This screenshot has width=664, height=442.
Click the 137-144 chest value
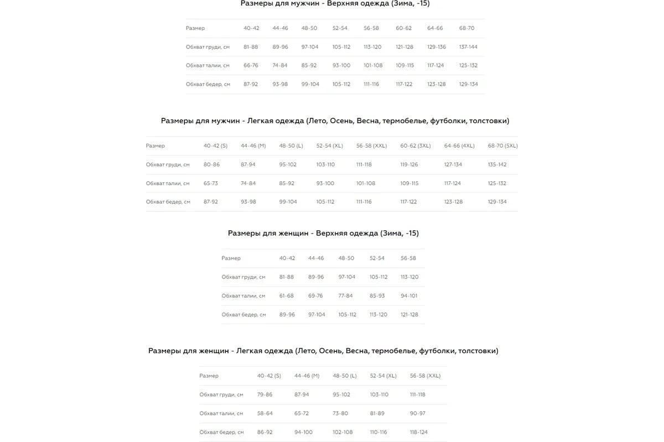(468, 47)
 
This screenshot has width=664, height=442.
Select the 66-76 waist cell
(251, 65)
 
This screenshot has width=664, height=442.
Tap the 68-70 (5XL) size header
(502, 146)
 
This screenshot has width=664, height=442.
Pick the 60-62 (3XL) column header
(415, 146)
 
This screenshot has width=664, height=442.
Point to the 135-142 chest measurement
(497, 165)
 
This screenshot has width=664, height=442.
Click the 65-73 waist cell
(210, 183)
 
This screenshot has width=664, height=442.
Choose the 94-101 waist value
(409, 296)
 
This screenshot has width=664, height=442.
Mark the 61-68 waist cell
(287, 296)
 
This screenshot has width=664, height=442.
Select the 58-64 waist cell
(264, 413)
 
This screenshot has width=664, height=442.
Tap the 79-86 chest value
(264, 394)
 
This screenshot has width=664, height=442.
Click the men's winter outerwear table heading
(335, 3)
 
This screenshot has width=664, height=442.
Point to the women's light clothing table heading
(323, 351)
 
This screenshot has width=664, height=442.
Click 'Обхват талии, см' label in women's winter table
(243, 296)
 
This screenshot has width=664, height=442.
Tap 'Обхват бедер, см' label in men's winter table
(208, 84)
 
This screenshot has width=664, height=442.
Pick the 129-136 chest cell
(436, 47)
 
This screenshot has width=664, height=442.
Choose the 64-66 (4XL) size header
(459, 146)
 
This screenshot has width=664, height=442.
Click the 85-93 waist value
(377, 296)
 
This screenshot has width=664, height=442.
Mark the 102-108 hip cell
(343, 432)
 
